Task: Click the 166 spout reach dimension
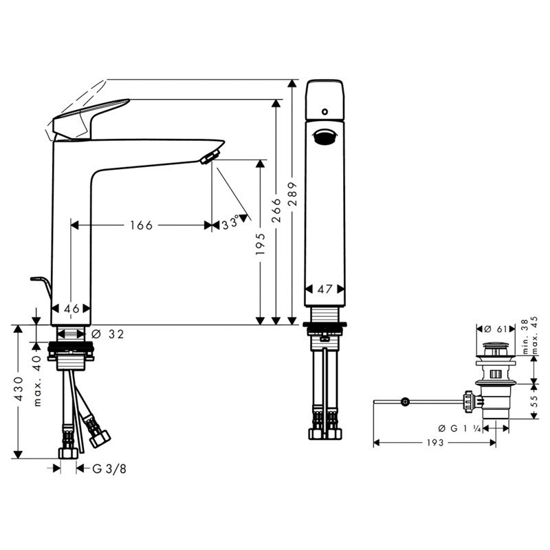(142, 225)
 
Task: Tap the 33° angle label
(230, 223)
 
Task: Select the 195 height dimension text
(261, 244)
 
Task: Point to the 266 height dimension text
(277, 210)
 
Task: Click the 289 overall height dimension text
(293, 194)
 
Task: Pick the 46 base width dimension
(71, 309)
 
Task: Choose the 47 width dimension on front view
(324, 289)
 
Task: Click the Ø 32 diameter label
(108, 334)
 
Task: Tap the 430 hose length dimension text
(19, 389)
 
